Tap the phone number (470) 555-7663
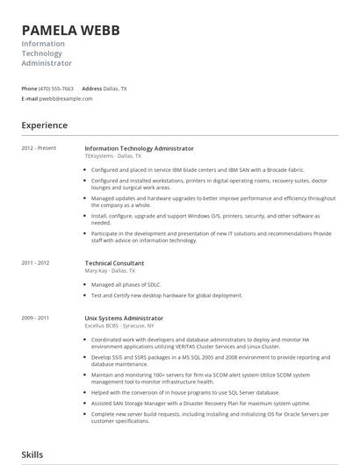pyautogui.click(x=56, y=89)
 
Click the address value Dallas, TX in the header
pyautogui.click(x=116, y=89)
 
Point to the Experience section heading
pyautogui.click(x=45, y=125)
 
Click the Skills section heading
pyautogui.click(x=32, y=454)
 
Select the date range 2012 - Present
pyautogui.click(x=39, y=148)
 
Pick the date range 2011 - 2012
pyautogui.click(x=35, y=262)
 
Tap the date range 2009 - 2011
pyautogui.click(x=35, y=318)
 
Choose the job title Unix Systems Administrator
pyautogui.click(x=124, y=318)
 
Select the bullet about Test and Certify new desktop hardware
pyautogui.click(x=166, y=296)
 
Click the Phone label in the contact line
pyautogui.click(x=29, y=89)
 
